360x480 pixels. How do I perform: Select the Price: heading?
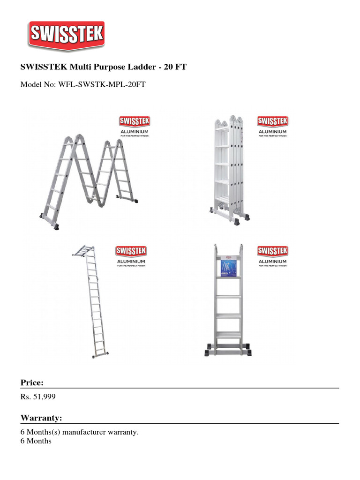32,382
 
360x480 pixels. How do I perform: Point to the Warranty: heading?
41,418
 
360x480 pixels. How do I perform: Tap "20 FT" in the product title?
175,67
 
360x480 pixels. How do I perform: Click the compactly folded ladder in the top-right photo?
230,166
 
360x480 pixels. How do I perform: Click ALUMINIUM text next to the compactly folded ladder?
272,132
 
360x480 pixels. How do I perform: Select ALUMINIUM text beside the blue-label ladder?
272,261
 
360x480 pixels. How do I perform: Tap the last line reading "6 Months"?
36,441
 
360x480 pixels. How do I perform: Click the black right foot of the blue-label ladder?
246,352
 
